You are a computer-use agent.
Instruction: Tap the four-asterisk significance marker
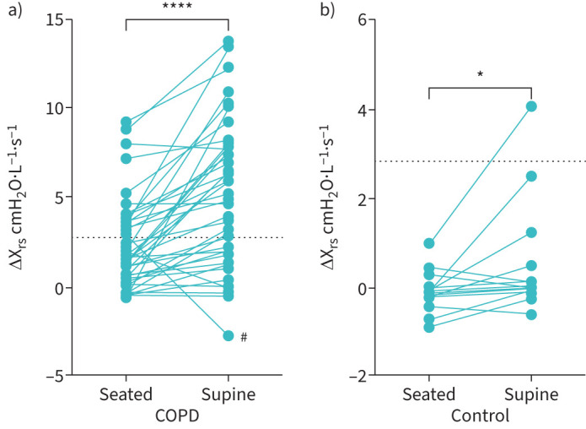176,7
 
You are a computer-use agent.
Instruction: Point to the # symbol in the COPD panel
243,337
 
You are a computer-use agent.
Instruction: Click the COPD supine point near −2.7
228,335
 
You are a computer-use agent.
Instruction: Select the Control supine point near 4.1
531,106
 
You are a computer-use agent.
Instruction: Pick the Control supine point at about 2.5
531,176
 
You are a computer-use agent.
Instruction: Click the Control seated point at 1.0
429,243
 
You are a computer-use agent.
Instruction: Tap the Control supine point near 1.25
531,232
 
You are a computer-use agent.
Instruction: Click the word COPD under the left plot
176,415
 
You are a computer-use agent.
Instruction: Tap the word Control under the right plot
480,415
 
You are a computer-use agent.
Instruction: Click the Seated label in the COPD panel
125,395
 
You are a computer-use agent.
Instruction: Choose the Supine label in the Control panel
531,395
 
